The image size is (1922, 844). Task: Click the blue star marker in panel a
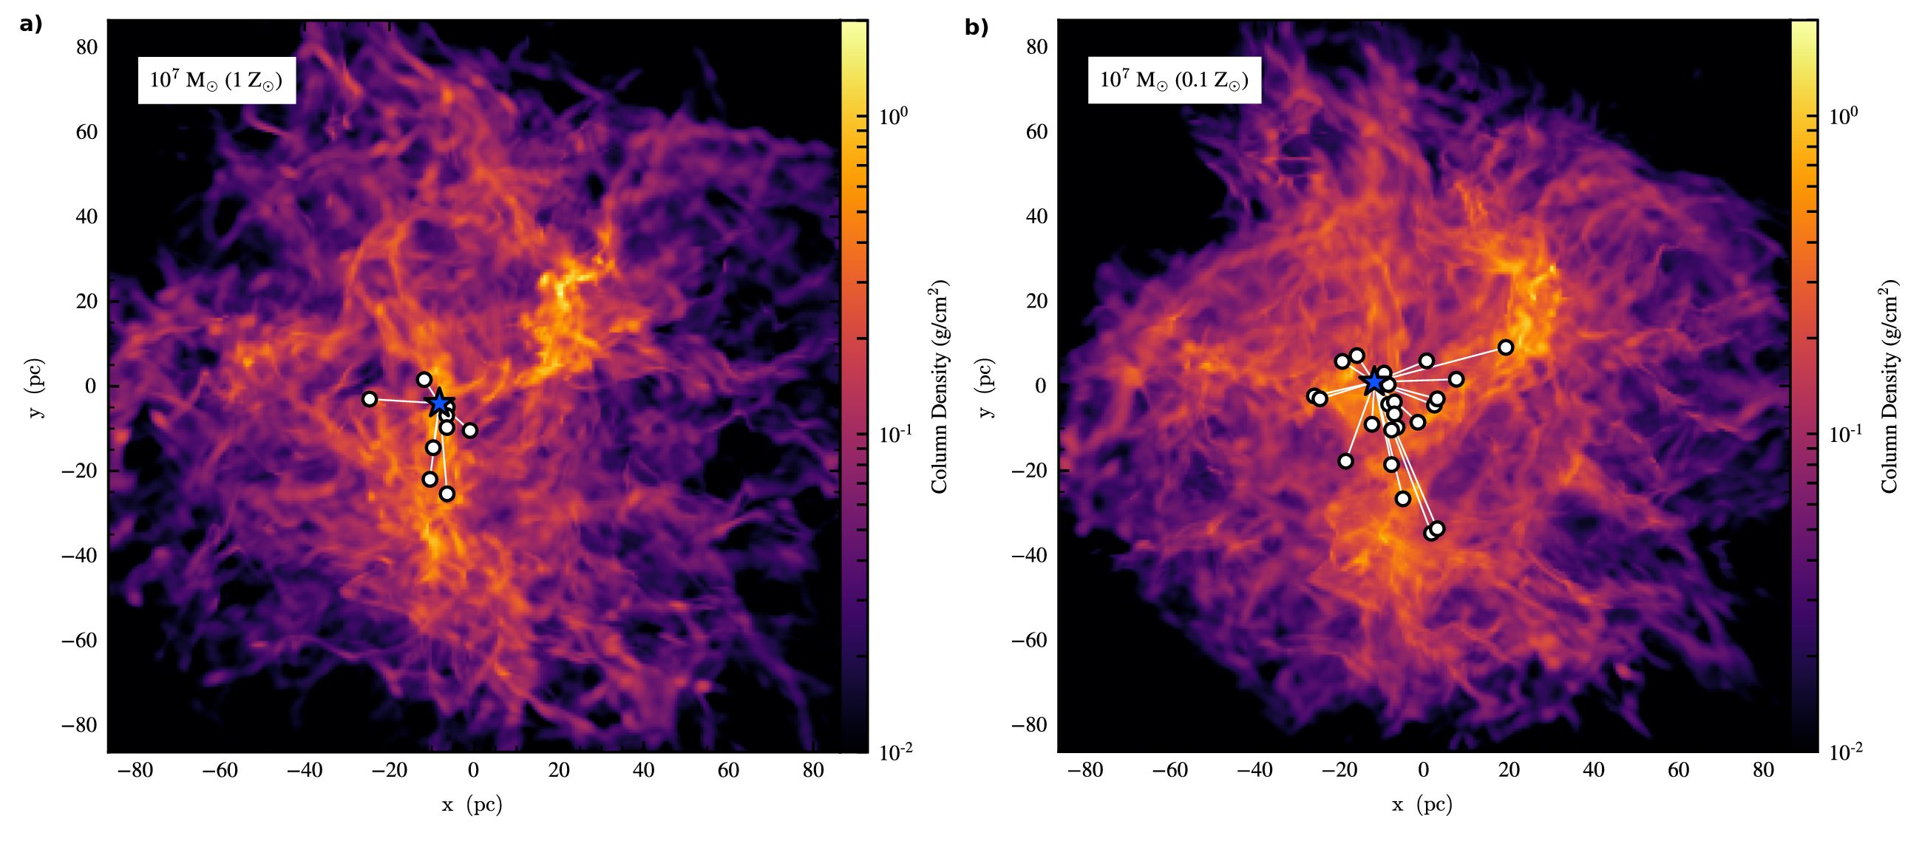click(x=439, y=403)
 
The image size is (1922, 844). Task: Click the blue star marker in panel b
click(x=1374, y=382)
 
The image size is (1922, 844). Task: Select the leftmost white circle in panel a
click(x=370, y=399)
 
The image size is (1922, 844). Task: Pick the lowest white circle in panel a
click(x=447, y=494)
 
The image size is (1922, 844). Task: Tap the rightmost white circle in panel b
click(x=1506, y=348)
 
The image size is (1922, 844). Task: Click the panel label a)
click(x=30, y=24)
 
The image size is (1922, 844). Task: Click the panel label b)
click(x=976, y=27)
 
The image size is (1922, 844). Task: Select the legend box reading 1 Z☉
click(x=217, y=80)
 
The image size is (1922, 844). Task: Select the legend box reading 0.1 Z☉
click(x=1174, y=80)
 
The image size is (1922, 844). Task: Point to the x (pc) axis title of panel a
click(x=472, y=804)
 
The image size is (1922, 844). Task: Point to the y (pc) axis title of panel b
click(x=985, y=387)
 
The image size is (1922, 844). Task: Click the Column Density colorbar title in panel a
click(x=939, y=387)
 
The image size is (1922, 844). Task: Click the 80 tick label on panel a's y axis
click(x=86, y=47)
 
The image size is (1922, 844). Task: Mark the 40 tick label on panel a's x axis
click(x=643, y=770)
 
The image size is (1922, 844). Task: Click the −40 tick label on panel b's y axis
click(x=1029, y=555)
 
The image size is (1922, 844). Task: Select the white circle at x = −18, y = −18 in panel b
click(x=1345, y=461)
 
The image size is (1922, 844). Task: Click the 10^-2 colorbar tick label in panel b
click(x=1844, y=752)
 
